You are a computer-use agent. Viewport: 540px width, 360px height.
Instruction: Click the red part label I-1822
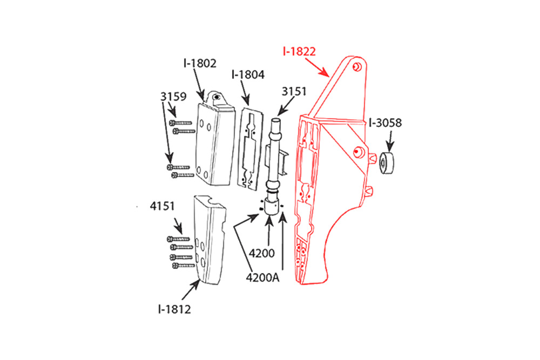click(x=299, y=52)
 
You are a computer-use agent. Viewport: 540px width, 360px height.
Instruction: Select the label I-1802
click(x=200, y=63)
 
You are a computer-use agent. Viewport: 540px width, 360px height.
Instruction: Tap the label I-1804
click(x=248, y=74)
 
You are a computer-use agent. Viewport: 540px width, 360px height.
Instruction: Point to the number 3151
click(x=294, y=92)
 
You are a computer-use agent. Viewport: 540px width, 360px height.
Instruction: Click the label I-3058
click(x=385, y=123)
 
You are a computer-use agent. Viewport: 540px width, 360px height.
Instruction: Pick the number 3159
click(x=173, y=97)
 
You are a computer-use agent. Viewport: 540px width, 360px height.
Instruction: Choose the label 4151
click(x=162, y=206)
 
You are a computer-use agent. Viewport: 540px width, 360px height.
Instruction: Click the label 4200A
click(x=263, y=277)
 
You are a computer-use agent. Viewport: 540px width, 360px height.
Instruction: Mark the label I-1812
click(x=174, y=309)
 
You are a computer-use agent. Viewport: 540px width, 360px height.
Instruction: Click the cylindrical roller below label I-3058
click(x=387, y=163)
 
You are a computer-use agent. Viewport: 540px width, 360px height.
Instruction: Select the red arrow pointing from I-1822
click(x=317, y=67)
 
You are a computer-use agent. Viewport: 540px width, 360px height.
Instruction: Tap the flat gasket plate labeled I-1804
click(x=250, y=149)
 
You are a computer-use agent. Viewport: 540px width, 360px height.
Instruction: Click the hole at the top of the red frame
click(x=357, y=67)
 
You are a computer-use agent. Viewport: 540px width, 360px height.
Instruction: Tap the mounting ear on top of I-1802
click(x=217, y=97)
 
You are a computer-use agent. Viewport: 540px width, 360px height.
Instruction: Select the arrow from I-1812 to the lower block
click(x=191, y=290)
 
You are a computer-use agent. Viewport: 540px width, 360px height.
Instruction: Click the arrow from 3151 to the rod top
click(x=286, y=106)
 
